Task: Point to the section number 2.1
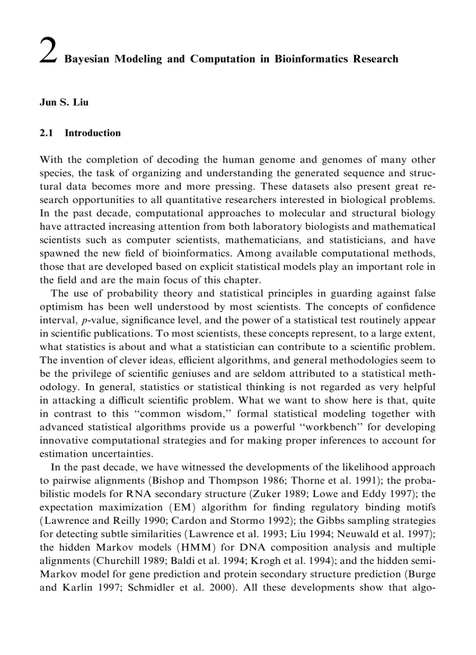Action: coord(46,133)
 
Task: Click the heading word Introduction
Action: coord(93,133)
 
